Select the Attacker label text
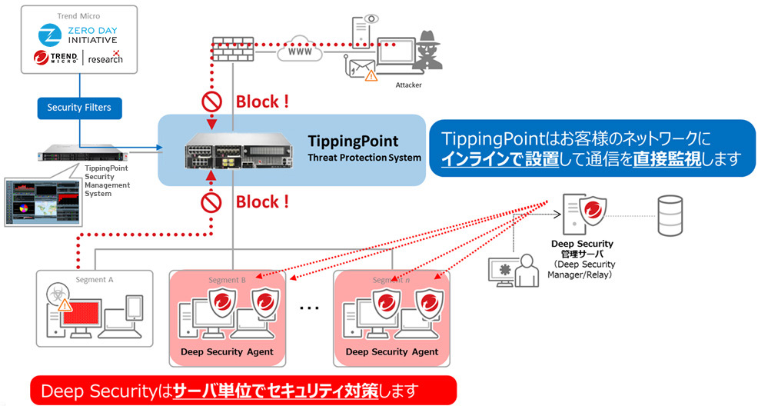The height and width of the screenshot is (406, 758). [409, 85]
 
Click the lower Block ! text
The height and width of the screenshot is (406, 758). [262, 201]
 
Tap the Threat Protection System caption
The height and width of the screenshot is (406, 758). [364, 158]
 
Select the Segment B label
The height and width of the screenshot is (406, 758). [227, 280]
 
